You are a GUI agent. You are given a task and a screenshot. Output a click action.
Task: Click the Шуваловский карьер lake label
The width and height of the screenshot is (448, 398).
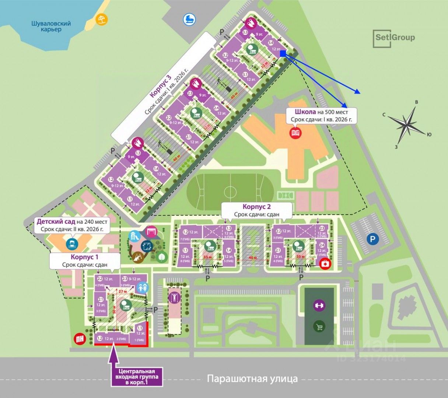click(51, 27)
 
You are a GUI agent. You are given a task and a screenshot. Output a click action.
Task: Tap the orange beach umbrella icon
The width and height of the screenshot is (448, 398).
click(100, 19)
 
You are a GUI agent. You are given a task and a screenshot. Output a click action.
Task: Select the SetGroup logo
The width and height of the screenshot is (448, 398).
click(394, 38)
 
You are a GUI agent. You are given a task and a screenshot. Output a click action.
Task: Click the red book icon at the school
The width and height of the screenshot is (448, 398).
click(295, 133)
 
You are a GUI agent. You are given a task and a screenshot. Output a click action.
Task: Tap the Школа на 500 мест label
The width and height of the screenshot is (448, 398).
click(321, 112)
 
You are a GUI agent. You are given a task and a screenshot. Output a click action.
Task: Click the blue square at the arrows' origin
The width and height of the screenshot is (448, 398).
click(283, 54)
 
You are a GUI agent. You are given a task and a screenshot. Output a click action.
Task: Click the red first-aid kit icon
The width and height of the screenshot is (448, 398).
click(325, 264)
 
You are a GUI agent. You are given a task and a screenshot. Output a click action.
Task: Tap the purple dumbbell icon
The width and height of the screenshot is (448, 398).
click(319, 306)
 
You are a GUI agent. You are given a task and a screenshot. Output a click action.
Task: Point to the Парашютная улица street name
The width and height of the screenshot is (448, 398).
click(252, 378)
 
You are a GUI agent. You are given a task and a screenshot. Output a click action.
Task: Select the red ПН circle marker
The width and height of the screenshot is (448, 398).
click(79, 339)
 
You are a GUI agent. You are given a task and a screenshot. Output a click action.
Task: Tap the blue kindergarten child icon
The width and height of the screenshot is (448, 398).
click(71, 243)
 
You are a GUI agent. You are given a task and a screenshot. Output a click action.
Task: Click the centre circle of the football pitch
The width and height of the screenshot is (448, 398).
click(230, 192)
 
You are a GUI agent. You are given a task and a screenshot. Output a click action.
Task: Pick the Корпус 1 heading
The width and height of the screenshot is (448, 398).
click(85, 257)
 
